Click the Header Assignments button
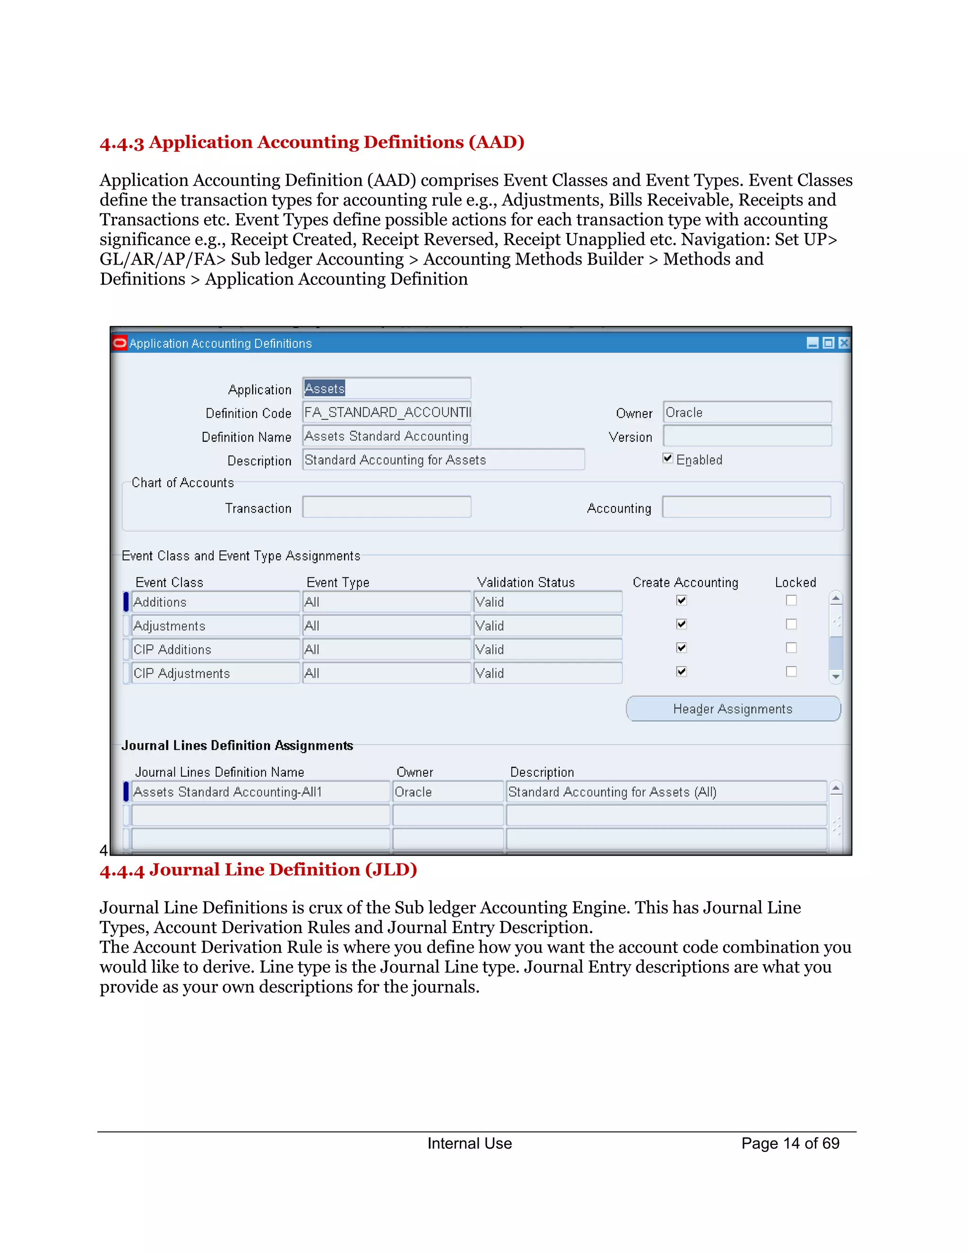733,709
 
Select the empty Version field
747,436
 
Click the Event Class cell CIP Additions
215,650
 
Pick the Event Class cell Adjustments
215,626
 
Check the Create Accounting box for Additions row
681,600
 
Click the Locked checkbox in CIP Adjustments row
791,671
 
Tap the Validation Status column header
526,583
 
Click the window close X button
844,343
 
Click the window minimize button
812,343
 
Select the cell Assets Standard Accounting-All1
260,792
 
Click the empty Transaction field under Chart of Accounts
387,507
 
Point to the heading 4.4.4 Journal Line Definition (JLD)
258,870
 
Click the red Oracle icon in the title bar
120,343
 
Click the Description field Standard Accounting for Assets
443,460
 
